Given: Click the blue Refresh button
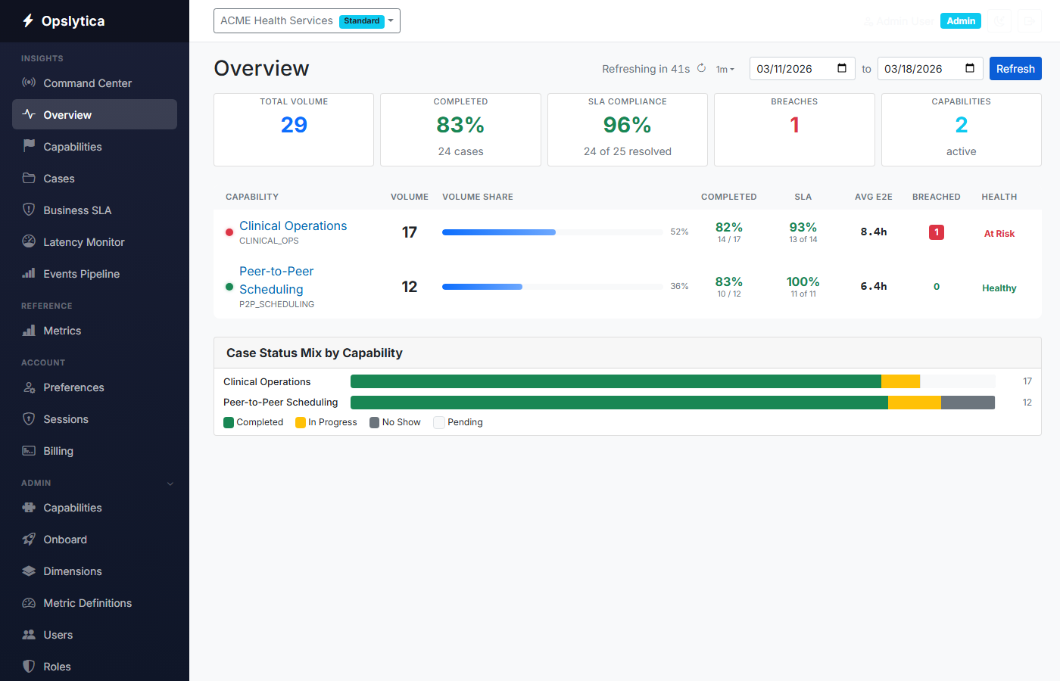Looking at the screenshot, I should point(1015,69).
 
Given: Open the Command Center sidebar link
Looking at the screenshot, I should point(87,83).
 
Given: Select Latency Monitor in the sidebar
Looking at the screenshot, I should point(83,242).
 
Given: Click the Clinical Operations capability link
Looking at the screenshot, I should point(293,225).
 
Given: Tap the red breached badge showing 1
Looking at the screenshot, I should point(936,232).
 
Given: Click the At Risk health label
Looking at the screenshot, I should point(999,234).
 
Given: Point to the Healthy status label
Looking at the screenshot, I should point(999,288).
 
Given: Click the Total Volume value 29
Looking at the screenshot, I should point(294,125).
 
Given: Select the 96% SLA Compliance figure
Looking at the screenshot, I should point(627,125).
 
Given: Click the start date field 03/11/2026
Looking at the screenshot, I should point(801,69).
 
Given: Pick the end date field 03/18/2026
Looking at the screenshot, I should point(929,69).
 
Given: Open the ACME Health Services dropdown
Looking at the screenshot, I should point(307,21).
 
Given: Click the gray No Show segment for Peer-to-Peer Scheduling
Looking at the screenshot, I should point(968,403).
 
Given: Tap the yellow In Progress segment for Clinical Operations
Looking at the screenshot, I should point(900,381).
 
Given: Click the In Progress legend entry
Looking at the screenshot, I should point(326,422).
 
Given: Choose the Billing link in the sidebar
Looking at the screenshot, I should point(58,451).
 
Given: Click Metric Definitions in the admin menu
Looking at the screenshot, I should point(87,603).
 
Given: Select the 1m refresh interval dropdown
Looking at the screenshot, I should point(725,70).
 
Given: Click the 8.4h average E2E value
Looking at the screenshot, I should point(873,232).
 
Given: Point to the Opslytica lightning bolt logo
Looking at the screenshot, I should point(28,20).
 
